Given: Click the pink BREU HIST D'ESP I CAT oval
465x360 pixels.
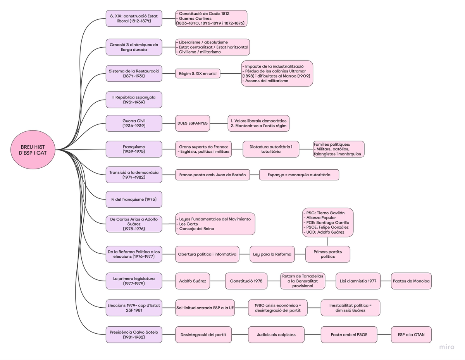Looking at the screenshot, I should (33, 150).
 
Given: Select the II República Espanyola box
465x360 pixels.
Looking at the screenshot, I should (134, 100).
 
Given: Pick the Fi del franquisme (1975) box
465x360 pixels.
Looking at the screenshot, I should (134, 199).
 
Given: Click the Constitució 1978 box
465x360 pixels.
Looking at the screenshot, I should (246, 281).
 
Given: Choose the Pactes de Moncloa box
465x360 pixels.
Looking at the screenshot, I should (411, 281).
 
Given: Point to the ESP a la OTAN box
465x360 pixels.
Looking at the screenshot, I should (411, 334).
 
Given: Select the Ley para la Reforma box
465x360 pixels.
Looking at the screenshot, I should (272, 254).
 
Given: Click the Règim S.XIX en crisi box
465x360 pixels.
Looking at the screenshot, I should (198, 73).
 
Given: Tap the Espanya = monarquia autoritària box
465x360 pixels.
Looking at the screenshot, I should (299, 175).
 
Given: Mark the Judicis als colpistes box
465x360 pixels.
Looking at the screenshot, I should (276, 334).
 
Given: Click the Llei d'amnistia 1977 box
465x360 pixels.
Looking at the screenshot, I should (358, 281).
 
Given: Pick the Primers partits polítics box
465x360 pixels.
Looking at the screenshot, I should (328, 254).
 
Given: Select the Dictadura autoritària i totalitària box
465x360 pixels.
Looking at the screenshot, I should (271, 149).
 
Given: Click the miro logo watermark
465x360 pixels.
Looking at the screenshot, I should (446, 347).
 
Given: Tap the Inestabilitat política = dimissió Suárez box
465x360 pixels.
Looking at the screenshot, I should (350, 308).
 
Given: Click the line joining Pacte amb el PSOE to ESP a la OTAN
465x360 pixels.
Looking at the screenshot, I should (384, 334).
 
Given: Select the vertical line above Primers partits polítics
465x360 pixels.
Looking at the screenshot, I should (328, 241).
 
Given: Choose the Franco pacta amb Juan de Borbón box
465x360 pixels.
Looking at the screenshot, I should (212, 175).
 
